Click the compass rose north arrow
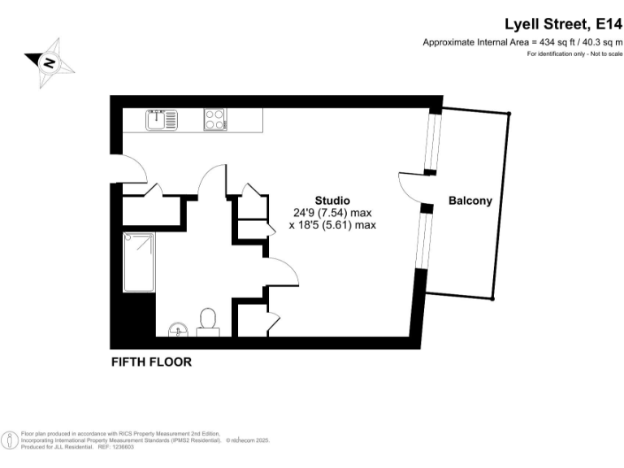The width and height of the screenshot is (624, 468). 49,62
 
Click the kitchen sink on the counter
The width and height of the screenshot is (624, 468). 162,119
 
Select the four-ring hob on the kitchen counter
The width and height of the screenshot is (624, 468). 215,119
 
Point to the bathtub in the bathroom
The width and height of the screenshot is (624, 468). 138,262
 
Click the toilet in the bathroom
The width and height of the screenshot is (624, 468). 207,321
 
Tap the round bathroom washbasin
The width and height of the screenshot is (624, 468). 178,329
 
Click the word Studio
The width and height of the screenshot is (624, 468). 332,200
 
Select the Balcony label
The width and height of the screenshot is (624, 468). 470,201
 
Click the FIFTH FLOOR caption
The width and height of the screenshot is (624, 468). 151,362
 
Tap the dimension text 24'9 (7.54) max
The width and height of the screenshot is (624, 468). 332,213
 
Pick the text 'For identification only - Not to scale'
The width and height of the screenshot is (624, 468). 574,54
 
